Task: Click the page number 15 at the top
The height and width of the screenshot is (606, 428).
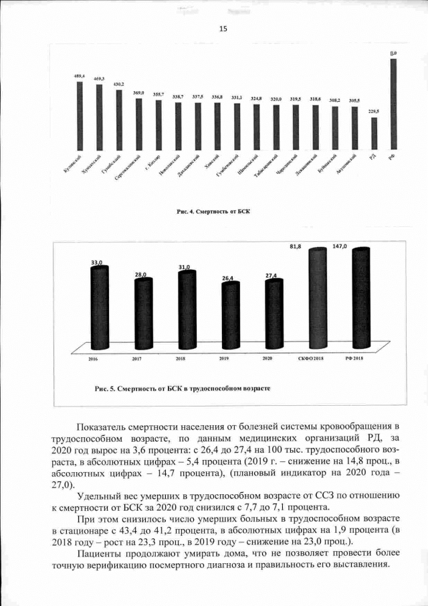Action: [x=223, y=28]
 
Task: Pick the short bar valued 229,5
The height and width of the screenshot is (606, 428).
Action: [x=374, y=133]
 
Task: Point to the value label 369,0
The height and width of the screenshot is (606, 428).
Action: [x=138, y=92]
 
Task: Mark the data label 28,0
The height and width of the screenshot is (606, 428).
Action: [x=140, y=275]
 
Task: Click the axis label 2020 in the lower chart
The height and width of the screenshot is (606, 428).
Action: [x=267, y=360]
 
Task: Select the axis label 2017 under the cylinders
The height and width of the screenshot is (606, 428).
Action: [x=136, y=360]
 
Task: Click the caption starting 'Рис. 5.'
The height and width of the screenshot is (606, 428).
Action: [x=177, y=388]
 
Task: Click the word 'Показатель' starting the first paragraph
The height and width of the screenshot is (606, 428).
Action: [x=105, y=427]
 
